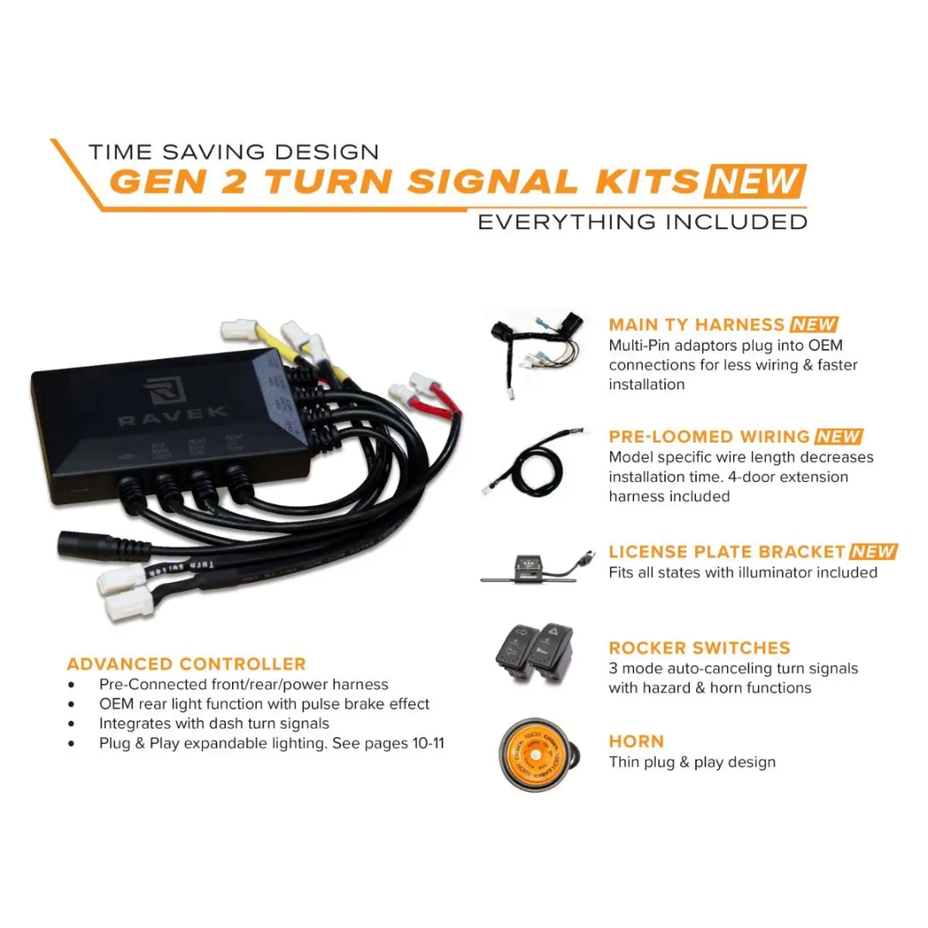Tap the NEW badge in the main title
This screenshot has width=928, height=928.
(754, 182)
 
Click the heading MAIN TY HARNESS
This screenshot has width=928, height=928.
(696, 325)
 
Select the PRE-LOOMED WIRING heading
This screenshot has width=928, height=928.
(709, 437)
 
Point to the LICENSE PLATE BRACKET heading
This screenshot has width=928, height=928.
(727, 552)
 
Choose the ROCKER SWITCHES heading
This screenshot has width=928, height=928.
(699, 648)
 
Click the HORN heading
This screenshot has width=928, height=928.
(637, 741)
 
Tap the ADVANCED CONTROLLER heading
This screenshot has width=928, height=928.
(186, 664)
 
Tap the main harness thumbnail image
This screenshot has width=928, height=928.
(536, 352)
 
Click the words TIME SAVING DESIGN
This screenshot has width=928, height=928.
(233, 153)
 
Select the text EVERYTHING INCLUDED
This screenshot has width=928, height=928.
(642, 222)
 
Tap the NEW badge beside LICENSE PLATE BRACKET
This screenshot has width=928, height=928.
(873, 552)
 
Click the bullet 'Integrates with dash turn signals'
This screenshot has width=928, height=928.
(214, 723)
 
